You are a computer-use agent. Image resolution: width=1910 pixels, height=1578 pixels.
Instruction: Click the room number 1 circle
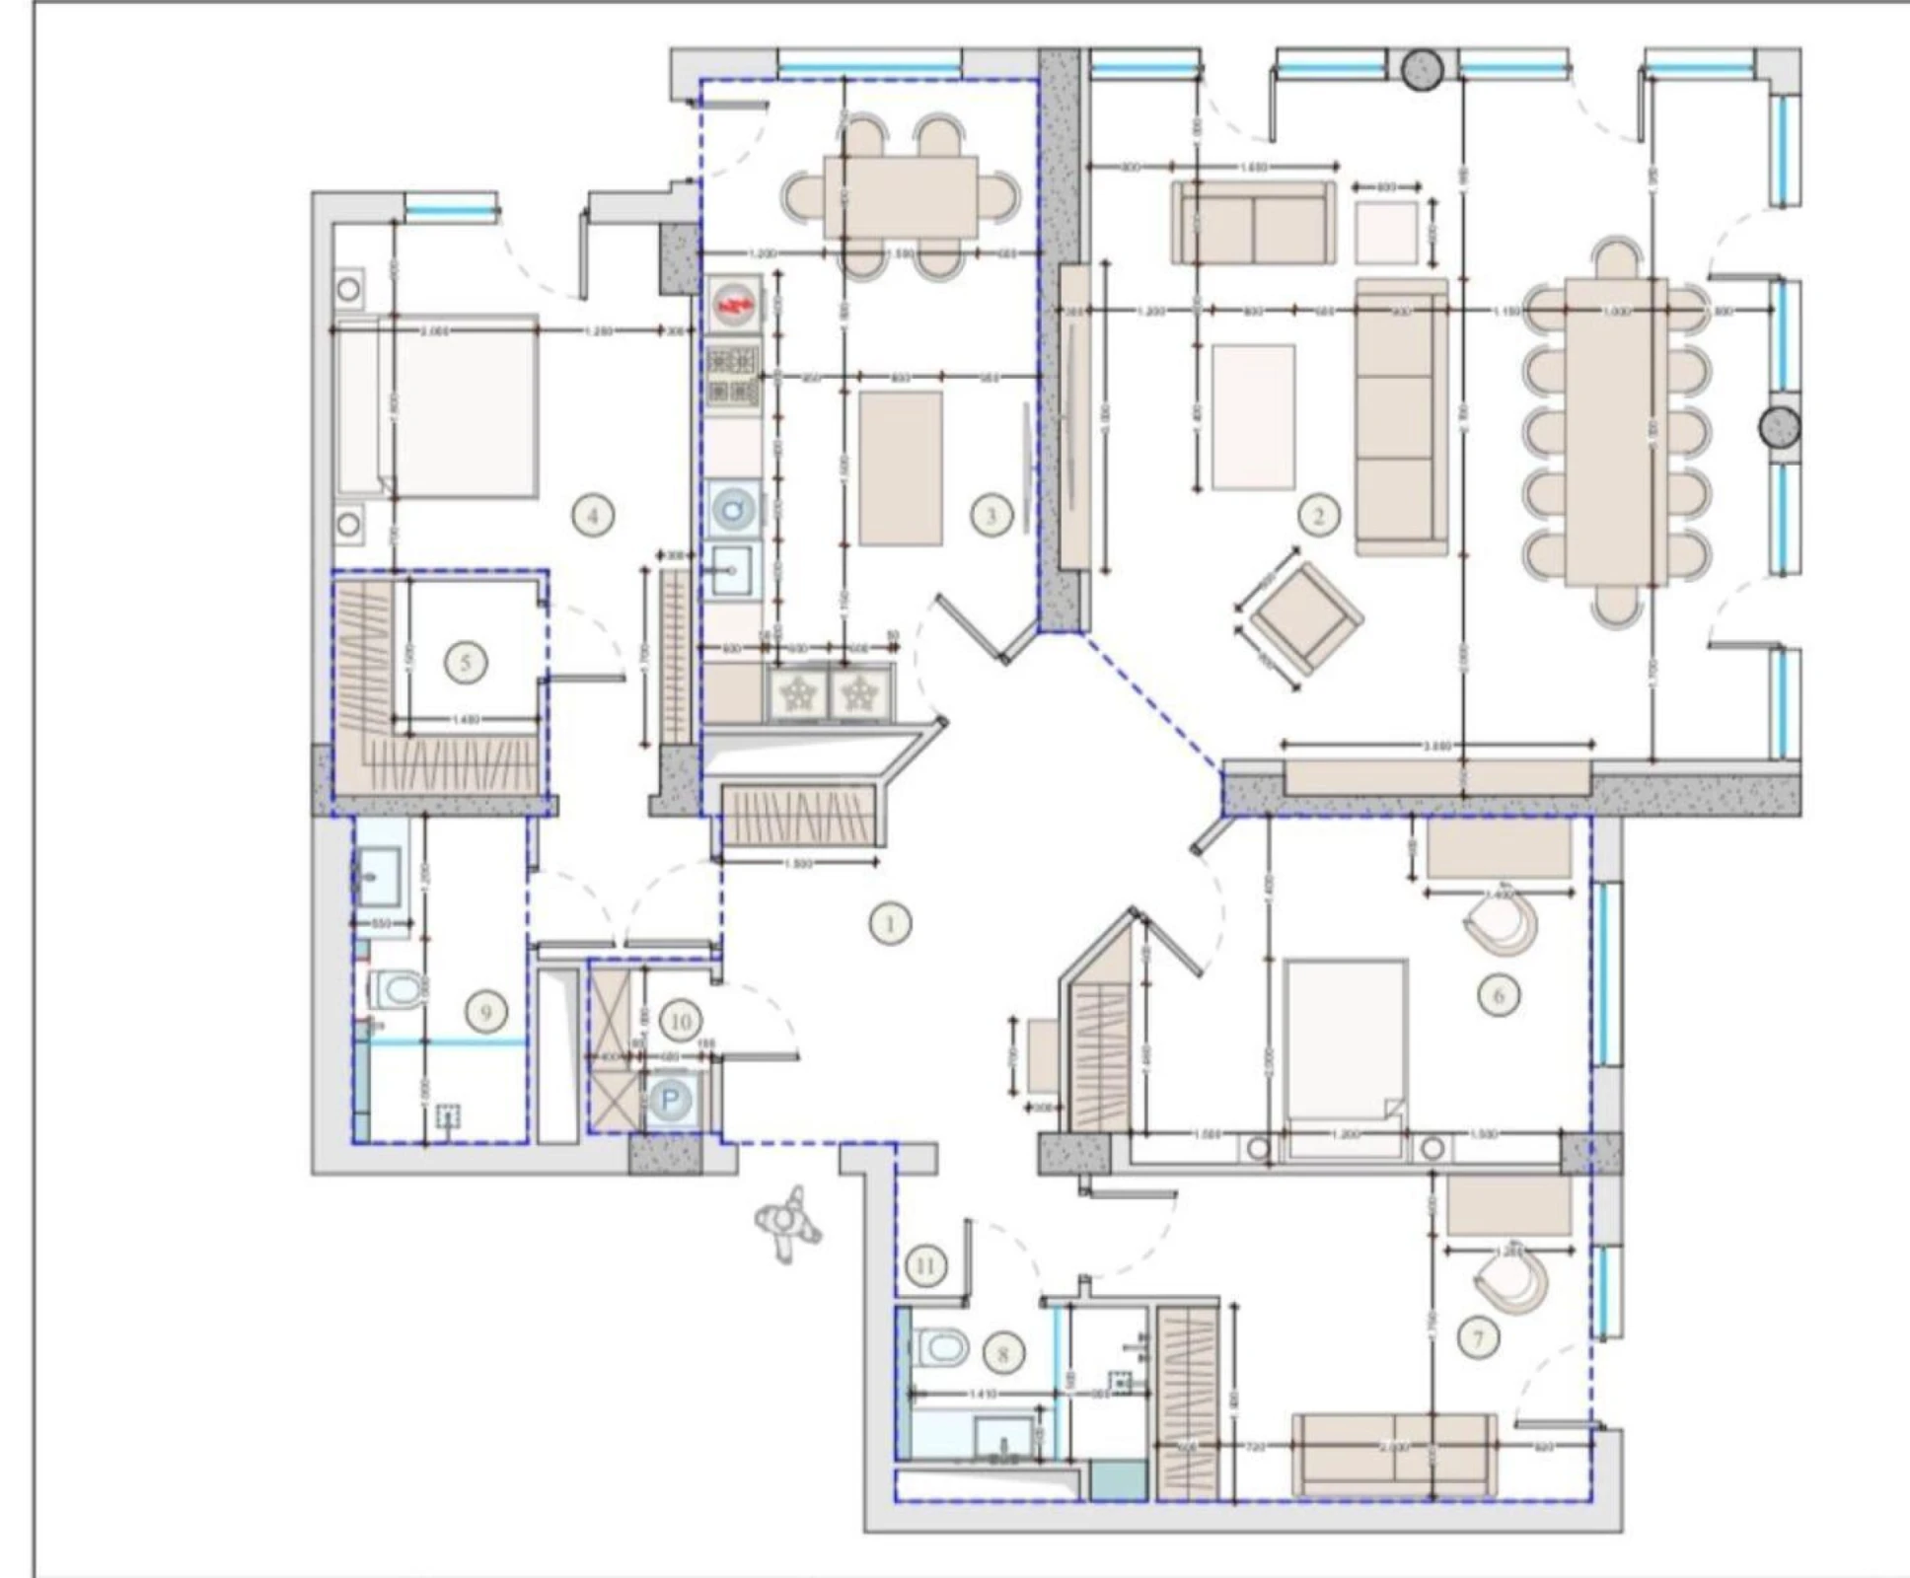click(890, 924)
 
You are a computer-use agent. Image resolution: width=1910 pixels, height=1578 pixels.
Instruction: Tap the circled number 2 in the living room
click(1319, 514)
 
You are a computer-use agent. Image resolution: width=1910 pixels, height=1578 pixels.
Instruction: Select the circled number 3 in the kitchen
click(991, 514)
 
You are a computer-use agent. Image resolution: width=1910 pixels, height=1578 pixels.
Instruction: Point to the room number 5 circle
click(466, 662)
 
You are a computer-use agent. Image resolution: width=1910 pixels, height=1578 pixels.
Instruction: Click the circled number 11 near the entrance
click(924, 1264)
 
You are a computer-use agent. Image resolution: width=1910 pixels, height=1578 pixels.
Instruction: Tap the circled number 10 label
click(681, 1022)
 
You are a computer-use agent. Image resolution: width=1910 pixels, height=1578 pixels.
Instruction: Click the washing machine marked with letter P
click(671, 1100)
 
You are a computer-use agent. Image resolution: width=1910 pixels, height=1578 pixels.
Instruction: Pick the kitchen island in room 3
click(900, 467)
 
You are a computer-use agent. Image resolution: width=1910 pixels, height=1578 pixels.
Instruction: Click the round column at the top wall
click(1423, 68)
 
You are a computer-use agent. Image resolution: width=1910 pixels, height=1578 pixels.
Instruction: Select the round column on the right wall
click(1780, 427)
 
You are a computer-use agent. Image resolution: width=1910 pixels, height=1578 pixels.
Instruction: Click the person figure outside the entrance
click(786, 1223)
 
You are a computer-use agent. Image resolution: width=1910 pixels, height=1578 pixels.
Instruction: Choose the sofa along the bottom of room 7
click(1393, 1455)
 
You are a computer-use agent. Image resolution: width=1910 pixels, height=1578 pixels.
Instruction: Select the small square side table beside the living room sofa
click(1386, 233)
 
